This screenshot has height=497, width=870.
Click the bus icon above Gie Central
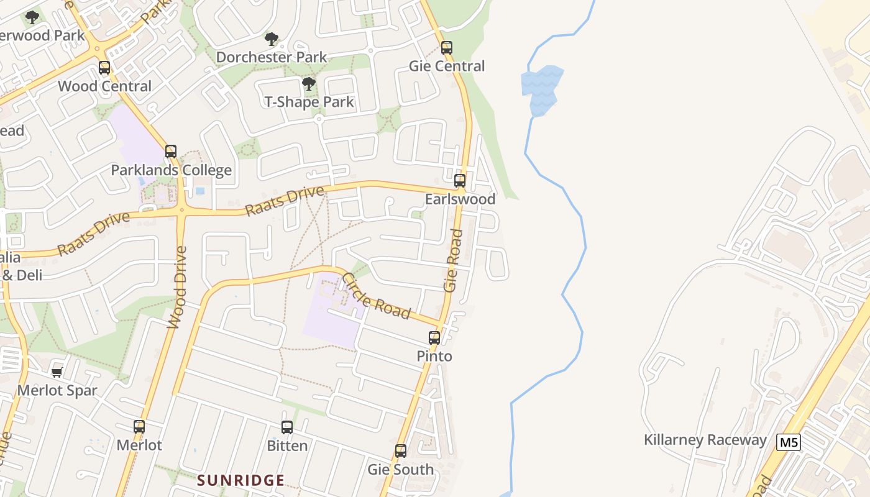446,48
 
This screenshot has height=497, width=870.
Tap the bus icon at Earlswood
459,181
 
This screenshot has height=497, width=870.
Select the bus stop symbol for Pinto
434,338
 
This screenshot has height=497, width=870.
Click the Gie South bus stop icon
401,451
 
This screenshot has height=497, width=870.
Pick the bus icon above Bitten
286,427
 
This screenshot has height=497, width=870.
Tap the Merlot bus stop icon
139,427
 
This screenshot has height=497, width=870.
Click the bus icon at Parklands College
171,152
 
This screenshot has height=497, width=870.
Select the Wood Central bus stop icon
104,68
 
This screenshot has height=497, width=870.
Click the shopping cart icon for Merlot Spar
57,372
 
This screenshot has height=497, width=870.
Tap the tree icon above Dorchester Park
271,39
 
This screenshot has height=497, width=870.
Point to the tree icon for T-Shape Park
308,84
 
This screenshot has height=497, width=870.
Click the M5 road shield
788,442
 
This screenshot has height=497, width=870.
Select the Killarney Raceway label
705,440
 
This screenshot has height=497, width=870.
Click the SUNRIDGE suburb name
241,480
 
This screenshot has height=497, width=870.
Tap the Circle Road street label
377,296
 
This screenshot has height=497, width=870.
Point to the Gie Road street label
454,260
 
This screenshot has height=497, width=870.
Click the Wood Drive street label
178,287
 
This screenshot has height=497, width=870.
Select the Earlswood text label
460,199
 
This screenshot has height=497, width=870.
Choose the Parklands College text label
171,170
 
